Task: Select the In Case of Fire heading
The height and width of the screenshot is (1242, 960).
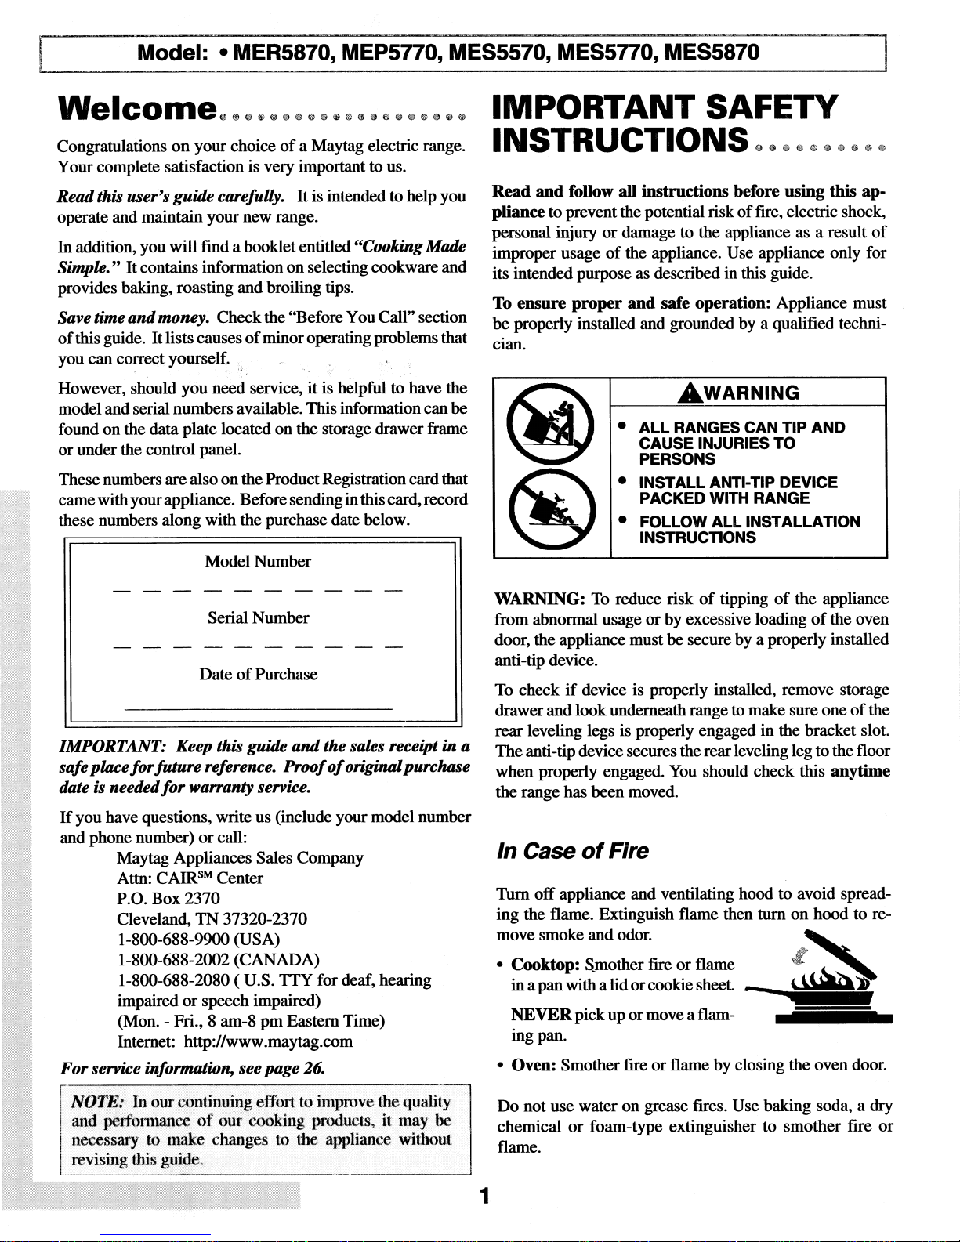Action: point(573,851)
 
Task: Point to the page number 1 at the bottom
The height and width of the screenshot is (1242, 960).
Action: point(485,1195)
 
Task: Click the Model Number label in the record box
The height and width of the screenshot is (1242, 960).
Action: point(258,561)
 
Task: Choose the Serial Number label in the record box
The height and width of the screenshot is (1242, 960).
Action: point(258,617)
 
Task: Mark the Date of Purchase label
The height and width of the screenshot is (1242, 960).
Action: point(258,674)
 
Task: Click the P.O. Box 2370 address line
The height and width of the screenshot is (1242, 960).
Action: point(168,898)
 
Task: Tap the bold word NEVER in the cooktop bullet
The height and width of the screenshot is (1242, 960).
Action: point(541,1015)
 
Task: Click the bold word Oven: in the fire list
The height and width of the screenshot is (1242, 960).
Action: point(534,1065)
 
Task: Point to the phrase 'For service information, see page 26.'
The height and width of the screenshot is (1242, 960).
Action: point(193,1067)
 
